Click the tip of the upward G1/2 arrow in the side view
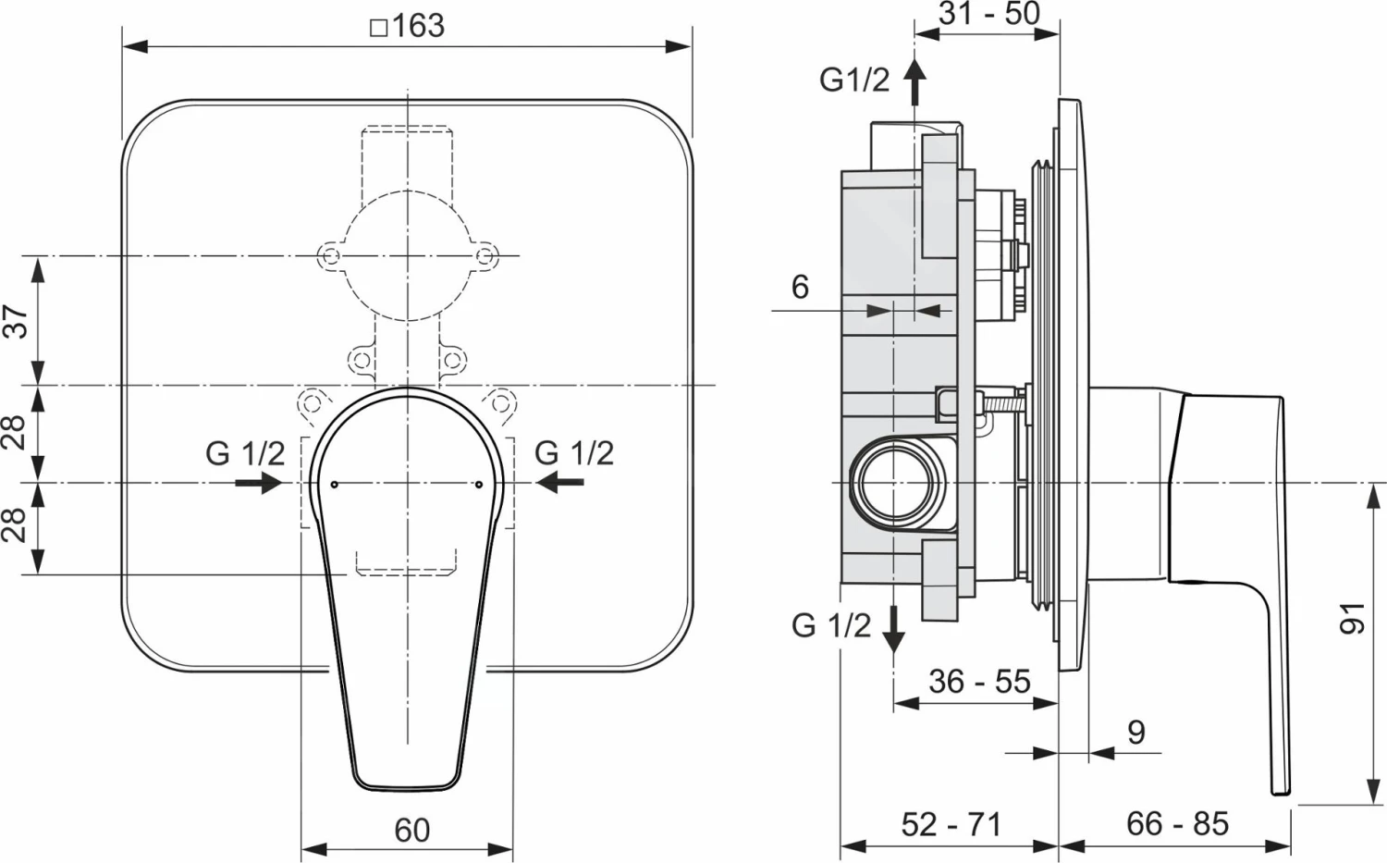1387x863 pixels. (x=914, y=59)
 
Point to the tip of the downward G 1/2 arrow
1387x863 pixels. (x=893, y=652)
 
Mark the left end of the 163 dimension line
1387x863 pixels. (x=123, y=46)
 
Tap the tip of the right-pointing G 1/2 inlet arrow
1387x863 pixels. (x=282, y=482)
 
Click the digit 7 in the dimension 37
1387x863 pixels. (x=19, y=312)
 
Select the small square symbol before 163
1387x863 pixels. (x=378, y=28)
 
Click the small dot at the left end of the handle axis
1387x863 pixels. (x=335, y=484)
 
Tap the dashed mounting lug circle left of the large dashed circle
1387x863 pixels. (x=330, y=256)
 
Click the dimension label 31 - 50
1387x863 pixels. (x=988, y=14)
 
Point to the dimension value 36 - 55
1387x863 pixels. (x=979, y=682)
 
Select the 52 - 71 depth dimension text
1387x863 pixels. (x=951, y=824)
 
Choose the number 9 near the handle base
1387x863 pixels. (x=1136, y=733)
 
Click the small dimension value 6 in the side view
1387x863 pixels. (x=800, y=287)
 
